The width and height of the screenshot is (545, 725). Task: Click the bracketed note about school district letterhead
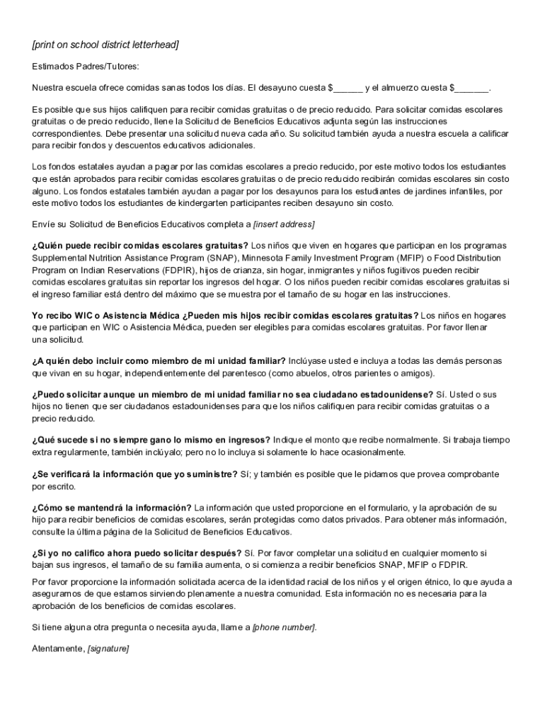(105, 45)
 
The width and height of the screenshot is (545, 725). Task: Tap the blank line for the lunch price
(472, 89)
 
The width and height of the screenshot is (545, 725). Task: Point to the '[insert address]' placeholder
(284, 225)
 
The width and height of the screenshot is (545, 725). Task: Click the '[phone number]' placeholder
(285, 627)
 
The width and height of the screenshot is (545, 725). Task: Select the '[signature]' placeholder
(108, 649)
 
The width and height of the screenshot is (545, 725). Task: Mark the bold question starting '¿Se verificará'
(134, 474)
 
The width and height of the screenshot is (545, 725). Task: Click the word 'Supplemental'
(59, 258)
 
